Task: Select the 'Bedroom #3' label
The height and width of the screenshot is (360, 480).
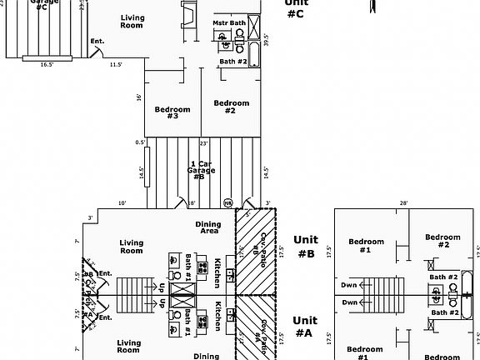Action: [172, 112]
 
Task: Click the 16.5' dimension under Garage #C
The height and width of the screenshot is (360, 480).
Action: [47, 64]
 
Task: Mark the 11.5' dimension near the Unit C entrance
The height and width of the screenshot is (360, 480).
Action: [115, 64]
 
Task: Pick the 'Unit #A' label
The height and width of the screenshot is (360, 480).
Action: [306, 326]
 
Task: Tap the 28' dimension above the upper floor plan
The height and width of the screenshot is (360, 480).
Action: [403, 202]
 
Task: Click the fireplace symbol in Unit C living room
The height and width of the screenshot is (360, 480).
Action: [188, 15]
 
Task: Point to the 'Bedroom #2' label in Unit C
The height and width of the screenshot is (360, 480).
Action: [231, 107]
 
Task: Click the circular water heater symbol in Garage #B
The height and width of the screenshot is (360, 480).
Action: [227, 201]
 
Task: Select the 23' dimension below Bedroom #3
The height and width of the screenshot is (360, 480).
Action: [203, 143]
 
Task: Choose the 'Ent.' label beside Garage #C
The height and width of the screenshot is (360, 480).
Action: [97, 41]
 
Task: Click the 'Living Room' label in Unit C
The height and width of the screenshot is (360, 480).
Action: [132, 22]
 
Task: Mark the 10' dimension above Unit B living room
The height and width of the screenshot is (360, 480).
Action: [122, 202]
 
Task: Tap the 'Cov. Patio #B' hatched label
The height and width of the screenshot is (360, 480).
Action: [261, 247]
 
